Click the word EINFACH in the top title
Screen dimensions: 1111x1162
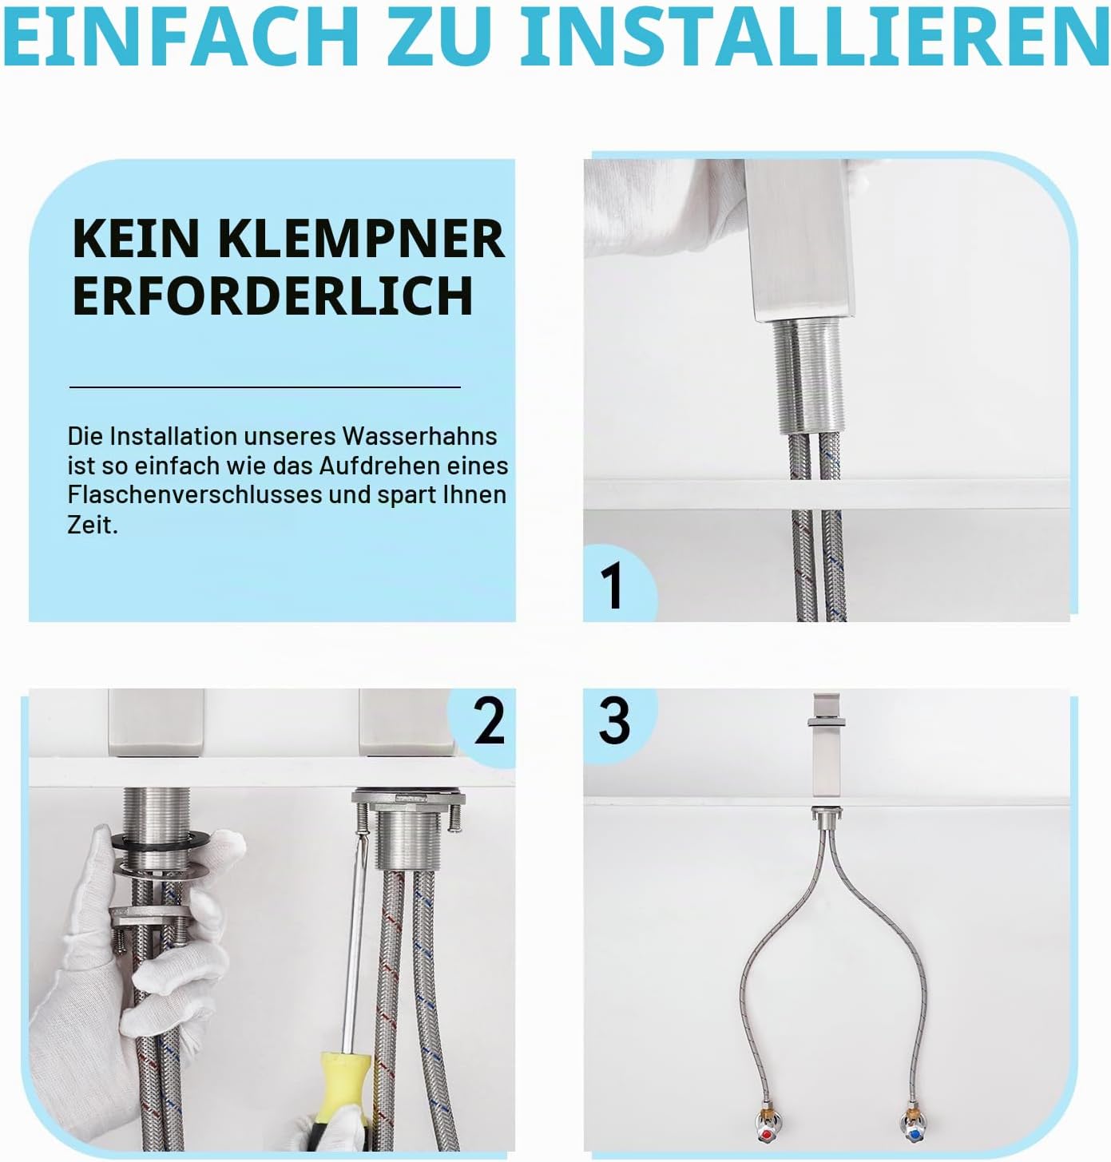click(181, 37)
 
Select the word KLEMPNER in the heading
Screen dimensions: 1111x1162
click(361, 238)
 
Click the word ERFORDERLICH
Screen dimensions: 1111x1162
click(273, 295)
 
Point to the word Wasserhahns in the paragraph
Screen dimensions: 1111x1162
click(419, 437)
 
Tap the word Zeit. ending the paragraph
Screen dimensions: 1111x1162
click(93, 525)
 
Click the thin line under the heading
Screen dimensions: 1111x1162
click(265, 387)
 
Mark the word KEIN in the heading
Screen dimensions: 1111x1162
click(135, 238)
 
